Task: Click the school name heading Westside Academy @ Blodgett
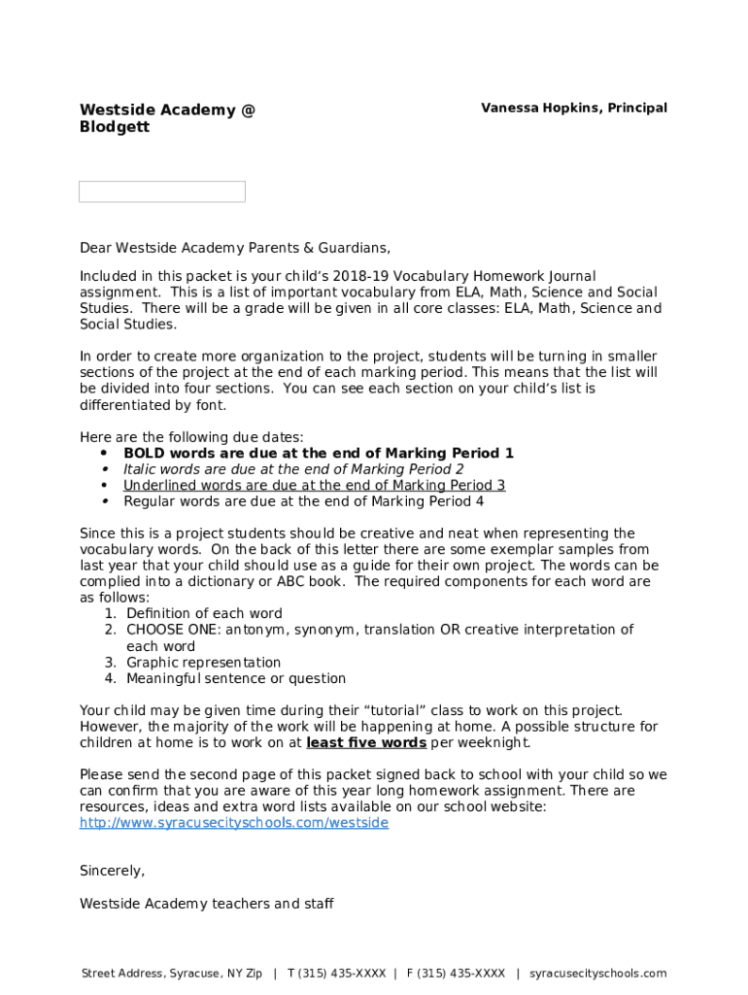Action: [x=167, y=119]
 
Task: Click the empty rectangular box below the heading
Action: [x=161, y=191]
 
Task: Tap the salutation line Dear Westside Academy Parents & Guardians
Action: [x=234, y=248]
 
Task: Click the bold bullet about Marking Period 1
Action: [x=318, y=454]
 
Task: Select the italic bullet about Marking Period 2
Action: [x=292, y=469]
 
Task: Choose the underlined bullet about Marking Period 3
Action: [x=314, y=486]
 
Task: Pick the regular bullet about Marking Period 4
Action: [x=303, y=502]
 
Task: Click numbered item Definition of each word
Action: [x=204, y=614]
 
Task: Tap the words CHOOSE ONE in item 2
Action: [x=161, y=630]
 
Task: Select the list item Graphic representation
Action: [x=203, y=663]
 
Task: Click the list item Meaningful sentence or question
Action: [x=235, y=679]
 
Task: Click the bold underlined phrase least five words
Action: [x=366, y=743]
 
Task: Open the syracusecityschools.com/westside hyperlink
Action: [x=233, y=823]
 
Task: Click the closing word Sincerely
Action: [x=112, y=871]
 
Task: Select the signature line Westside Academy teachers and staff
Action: [x=206, y=904]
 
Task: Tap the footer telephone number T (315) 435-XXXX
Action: [x=336, y=974]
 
